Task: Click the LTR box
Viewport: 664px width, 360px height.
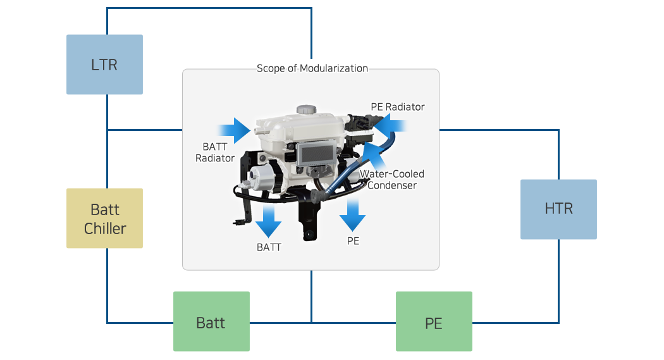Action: (104, 65)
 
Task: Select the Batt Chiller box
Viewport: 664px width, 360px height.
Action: (104, 218)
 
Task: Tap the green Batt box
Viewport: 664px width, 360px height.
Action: (211, 321)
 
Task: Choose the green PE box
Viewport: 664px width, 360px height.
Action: (434, 321)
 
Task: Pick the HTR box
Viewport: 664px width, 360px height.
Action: (558, 209)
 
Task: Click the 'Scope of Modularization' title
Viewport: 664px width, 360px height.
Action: (312, 68)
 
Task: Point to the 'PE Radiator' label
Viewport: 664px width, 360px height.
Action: (397, 107)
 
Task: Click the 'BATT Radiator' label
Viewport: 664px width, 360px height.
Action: (215, 152)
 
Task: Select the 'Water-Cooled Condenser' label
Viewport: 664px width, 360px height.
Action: (392, 180)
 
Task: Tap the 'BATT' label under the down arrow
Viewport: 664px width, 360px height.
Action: (269, 247)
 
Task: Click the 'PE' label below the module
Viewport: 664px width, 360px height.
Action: (353, 241)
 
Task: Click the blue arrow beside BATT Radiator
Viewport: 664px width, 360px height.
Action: (238, 130)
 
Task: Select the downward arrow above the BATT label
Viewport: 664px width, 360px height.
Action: (269, 220)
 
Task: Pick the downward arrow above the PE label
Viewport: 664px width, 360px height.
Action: (352, 215)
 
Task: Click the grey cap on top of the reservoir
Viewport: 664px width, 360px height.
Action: (306, 109)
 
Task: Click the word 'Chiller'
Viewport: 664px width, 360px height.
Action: (105, 228)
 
